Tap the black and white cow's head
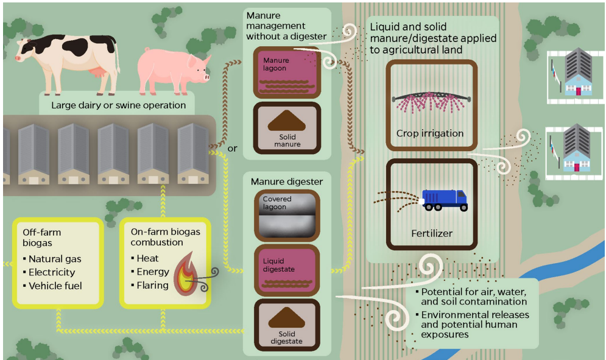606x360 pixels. (x=26, y=51)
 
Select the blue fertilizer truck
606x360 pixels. (x=445, y=199)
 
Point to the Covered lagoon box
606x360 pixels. (x=286, y=215)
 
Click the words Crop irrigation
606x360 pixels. (x=430, y=133)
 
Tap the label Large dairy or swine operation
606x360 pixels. (x=118, y=105)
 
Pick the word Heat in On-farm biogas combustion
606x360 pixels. (x=147, y=259)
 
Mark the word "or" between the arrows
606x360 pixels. (x=232, y=149)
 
